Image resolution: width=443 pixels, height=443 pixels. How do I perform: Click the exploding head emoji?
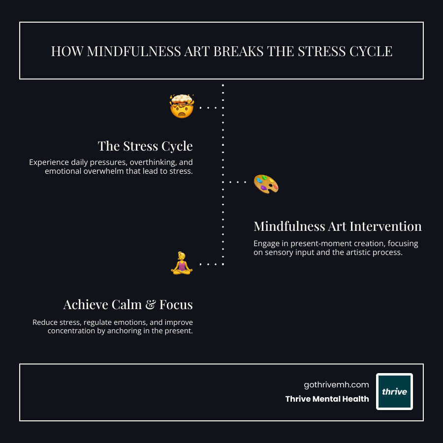(x=182, y=106)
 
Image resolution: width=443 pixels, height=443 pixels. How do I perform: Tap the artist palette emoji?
(x=266, y=184)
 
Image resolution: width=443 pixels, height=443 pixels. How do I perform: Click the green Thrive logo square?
(x=394, y=391)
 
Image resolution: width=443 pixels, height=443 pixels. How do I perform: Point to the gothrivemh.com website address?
(x=337, y=385)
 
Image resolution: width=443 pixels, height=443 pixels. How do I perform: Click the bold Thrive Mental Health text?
(x=327, y=399)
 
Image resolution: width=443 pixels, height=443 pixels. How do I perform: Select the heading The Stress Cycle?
(x=145, y=146)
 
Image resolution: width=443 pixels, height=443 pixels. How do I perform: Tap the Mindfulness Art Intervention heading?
(x=337, y=226)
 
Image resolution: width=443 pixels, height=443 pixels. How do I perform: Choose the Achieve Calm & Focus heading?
(x=128, y=305)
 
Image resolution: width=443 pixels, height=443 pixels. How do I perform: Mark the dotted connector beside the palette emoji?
(x=238, y=182)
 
